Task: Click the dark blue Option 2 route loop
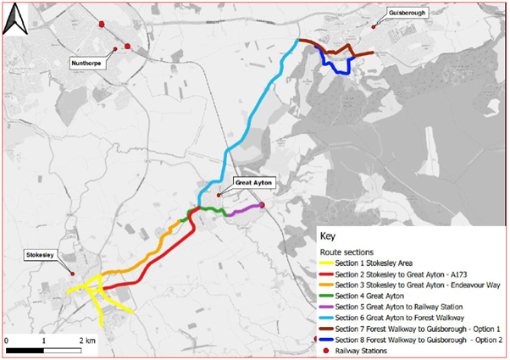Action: pos(340,67)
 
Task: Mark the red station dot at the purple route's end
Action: pos(263,204)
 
